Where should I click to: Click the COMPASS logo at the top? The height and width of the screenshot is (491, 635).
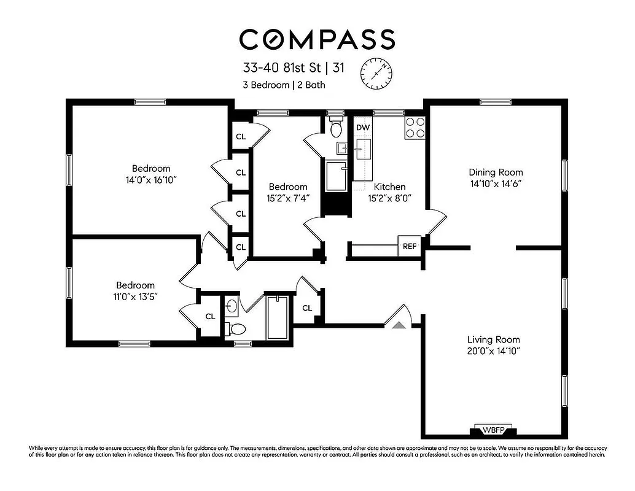[317, 39]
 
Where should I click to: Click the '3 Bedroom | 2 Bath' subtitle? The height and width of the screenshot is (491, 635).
[284, 85]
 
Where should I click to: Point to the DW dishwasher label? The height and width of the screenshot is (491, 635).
[363, 128]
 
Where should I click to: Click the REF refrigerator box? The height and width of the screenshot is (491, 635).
[409, 247]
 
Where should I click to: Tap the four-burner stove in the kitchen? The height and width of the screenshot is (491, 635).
[415, 127]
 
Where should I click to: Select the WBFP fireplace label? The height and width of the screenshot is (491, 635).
[495, 430]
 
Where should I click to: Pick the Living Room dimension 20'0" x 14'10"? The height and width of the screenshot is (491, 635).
[493, 352]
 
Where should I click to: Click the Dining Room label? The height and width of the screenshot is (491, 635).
[496, 172]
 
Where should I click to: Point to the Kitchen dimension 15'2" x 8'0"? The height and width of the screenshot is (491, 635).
[389, 198]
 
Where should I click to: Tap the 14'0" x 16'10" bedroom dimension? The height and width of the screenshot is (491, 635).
[151, 180]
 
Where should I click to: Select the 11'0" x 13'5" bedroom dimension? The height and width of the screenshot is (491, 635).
[136, 296]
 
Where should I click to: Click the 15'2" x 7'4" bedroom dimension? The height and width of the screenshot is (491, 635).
[287, 198]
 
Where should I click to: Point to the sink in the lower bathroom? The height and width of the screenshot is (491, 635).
[231, 305]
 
